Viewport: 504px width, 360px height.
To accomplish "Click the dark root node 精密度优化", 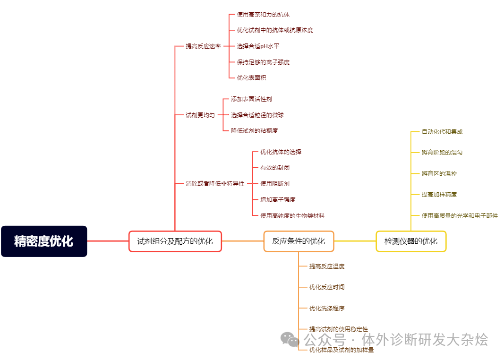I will [x=44, y=241].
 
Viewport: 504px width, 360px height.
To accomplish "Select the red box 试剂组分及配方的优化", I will [x=175, y=241].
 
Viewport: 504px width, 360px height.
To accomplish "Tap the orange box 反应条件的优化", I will [x=299, y=241].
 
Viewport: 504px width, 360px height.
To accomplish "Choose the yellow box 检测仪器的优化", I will [x=410, y=241].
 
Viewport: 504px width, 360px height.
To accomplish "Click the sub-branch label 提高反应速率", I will [x=203, y=46].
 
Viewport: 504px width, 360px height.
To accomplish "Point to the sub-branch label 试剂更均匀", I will [x=200, y=115].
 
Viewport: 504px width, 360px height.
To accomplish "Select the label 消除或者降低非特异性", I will [x=215, y=183].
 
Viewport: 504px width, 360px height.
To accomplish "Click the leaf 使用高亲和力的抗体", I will [x=263, y=15].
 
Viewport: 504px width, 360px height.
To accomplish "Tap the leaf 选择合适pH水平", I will [x=258, y=46].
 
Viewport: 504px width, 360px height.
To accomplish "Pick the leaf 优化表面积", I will [x=251, y=77].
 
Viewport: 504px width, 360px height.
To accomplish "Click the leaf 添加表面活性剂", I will [x=251, y=99].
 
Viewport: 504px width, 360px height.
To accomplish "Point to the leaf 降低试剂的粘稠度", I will [x=254, y=130].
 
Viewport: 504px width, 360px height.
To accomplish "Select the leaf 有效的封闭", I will [x=275, y=168].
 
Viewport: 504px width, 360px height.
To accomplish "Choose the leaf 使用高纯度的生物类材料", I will [x=292, y=215].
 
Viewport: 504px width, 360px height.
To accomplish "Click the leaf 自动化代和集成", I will [x=442, y=132].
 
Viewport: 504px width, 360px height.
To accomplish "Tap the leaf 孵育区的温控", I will [x=439, y=174].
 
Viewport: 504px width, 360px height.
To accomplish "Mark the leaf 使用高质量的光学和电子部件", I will [x=460, y=216].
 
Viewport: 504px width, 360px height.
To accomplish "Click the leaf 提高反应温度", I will [x=327, y=266].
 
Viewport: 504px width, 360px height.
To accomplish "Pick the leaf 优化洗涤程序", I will [x=327, y=309].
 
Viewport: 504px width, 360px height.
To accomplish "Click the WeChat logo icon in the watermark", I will [x=290, y=339].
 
